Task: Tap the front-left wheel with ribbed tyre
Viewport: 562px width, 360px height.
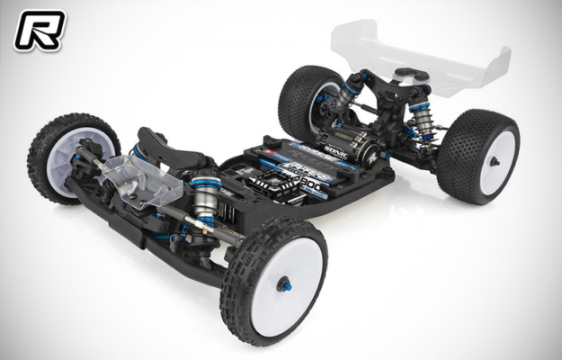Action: [72, 157]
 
